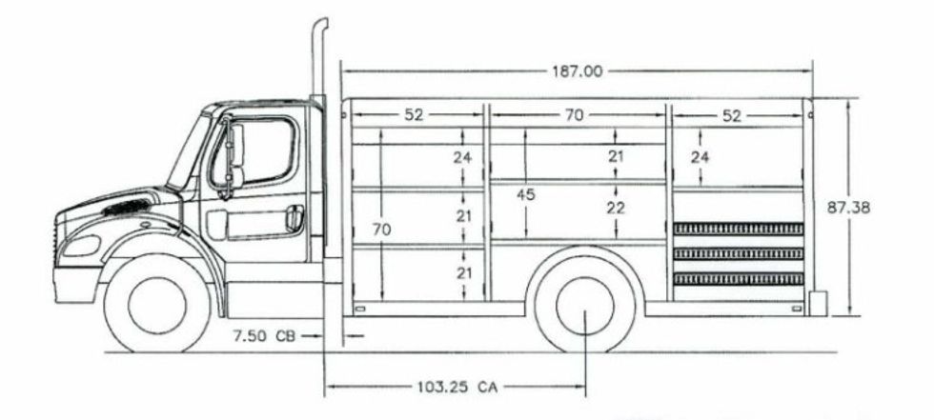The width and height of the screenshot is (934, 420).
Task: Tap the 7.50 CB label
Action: click(x=265, y=335)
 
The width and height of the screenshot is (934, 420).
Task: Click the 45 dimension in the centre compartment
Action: click(x=525, y=194)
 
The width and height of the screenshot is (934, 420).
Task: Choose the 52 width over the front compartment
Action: click(x=413, y=115)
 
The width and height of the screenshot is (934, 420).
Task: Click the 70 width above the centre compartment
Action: click(x=573, y=115)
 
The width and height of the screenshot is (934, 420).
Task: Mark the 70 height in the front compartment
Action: click(x=382, y=230)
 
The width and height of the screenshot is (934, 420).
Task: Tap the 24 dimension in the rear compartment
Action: click(x=700, y=157)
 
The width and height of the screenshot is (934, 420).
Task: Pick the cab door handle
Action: click(x=295, y=218)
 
